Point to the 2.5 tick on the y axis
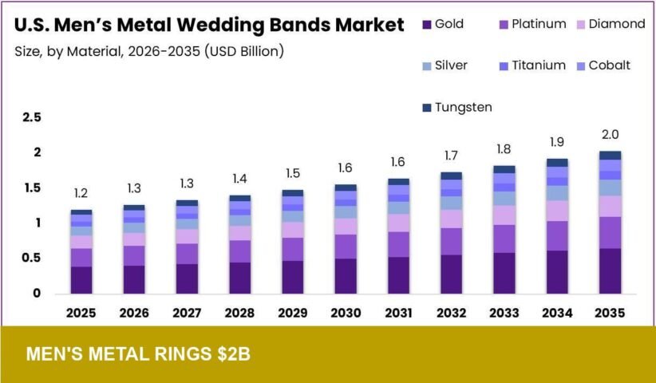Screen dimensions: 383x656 pos(31,117)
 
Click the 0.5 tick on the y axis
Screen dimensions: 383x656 pos(31,258)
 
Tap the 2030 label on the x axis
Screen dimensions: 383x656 pos(346,313)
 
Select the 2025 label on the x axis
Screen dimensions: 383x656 pos(81,313)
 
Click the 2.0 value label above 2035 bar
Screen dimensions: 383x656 pos(611,134)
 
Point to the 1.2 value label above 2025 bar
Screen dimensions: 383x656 pos(81,193)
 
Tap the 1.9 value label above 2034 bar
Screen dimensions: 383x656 pos(558,141)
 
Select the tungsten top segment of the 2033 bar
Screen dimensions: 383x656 pos(504,169)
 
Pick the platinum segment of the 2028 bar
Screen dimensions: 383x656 pos(239,251)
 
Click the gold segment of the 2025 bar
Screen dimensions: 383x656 pos(81,280)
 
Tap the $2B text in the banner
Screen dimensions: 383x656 pos(232,353)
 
